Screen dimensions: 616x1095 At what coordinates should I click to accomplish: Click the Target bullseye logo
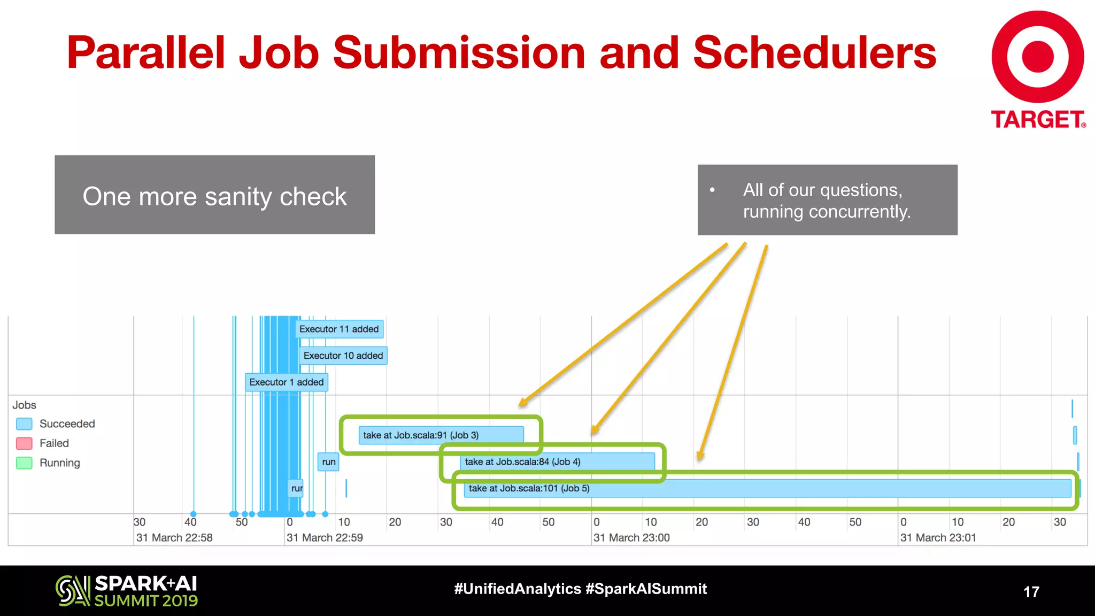click(x=1037, y=57)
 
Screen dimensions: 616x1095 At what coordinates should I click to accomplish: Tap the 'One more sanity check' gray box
click(x=214, y=195)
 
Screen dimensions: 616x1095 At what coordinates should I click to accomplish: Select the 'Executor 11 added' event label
click(x=339, y=329)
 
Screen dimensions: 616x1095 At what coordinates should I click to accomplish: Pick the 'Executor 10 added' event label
click(x=343, y=356)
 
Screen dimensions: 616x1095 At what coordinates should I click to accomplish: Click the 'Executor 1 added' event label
click(x=287, y=382)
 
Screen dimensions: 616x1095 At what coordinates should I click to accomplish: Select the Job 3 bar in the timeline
click(x=441, y=435)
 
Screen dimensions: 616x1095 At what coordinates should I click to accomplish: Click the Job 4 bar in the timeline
click(x=557, y=461)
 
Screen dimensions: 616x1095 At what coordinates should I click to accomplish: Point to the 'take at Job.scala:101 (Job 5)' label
click(x=529, y=488)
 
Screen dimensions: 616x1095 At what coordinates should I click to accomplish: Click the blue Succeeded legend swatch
click(x=24, y=424)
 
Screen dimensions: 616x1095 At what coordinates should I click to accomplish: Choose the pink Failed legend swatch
click(x=24, y=443)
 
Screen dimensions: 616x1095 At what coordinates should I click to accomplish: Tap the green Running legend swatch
click(x=24, y=463)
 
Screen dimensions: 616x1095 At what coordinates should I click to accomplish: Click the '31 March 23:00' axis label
click(x=631, y=537)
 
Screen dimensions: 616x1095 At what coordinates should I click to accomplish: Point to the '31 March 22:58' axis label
click(x=174, y=537)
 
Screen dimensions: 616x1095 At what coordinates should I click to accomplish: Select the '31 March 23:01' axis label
click(x=938, y=537)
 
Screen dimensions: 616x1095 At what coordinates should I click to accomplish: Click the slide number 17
click(x=1031, y=592)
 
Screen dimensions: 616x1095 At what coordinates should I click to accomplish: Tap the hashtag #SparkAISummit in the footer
click(x=646, y=589)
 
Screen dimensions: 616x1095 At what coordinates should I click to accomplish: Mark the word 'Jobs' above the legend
click(x=25, y=405)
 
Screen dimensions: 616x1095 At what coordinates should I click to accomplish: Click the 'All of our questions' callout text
click(x=827, y=201)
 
